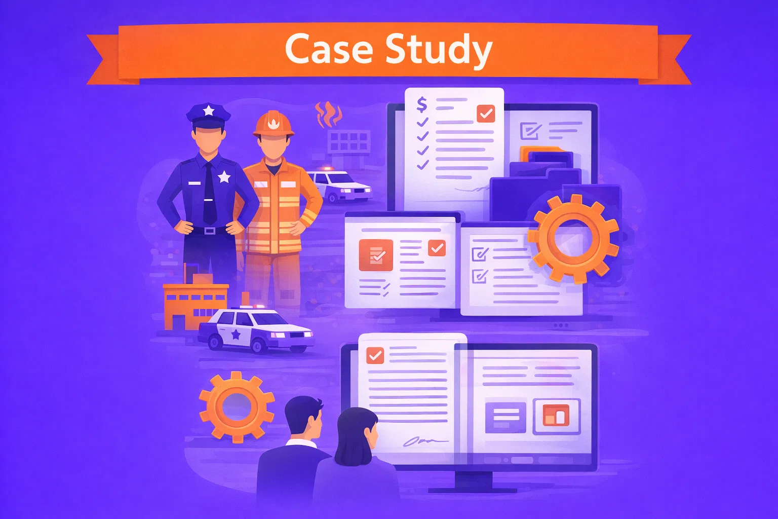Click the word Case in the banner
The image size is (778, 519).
click(329, 49)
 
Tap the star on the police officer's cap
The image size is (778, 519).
click(208, 110)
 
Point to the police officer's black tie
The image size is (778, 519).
click(209, 193)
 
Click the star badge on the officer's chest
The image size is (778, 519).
click(224, 177)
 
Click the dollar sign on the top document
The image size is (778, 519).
click(421, 104)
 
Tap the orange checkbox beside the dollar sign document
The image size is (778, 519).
click(486, 113)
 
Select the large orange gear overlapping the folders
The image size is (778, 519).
click(573, 239)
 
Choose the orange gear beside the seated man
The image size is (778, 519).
click(237, 406)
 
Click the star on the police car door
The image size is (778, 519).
click(236, 335)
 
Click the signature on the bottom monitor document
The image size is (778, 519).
click(425, 442)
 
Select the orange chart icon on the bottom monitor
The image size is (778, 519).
click(557, 416)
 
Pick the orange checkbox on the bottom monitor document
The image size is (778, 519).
click(375, 355)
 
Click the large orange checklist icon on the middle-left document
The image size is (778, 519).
click(376, 255)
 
